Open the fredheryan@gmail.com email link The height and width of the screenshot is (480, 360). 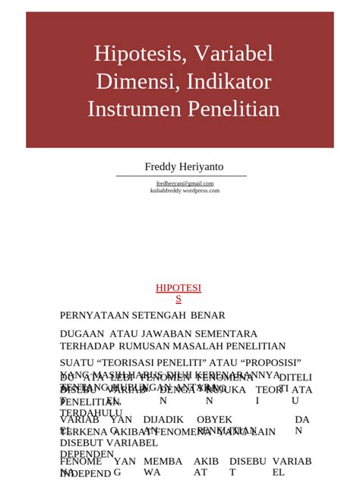pyautogui.click(x=185, y=183)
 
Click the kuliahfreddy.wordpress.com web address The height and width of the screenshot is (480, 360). pyautogui.click(x=185, y=191)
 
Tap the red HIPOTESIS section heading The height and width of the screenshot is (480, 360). pyautogui.click(x=178, y=293)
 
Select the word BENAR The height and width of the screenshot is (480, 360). pyautogui.click(x=207, y=315)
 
